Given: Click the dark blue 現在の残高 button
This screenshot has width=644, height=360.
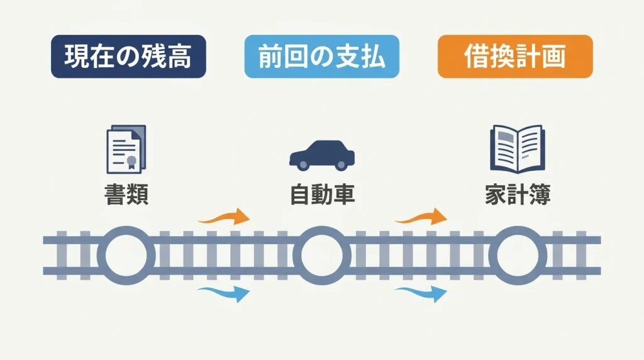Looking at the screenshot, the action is point(128,56).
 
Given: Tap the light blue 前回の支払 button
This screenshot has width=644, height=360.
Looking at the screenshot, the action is point(321,56).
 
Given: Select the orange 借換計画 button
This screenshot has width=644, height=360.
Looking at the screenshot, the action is point(515,56).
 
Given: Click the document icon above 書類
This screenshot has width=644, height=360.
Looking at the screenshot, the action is point(126,149).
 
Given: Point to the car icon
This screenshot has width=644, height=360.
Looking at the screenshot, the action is point(322,155).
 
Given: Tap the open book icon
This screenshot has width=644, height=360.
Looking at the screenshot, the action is point(518,149).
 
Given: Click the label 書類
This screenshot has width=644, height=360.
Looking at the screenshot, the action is point(126,194).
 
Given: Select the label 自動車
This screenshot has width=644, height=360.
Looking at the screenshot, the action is point(323,194).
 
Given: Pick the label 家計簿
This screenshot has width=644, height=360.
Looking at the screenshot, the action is point(518,194).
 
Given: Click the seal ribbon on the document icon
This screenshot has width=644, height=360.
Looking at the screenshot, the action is point(131,162).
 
